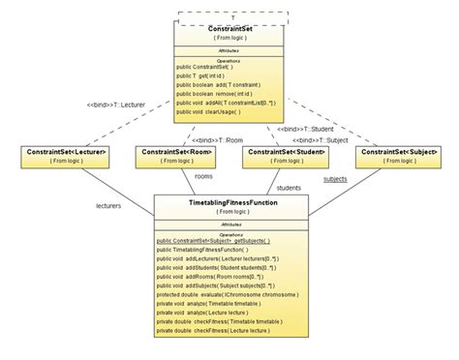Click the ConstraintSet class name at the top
tap(229, 28)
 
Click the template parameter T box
tap(232, 16)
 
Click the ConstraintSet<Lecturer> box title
tap(65, 152)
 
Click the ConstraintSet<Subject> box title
tap(399, 152)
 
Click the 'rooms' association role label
tap(203, 176)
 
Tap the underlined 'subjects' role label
tap(335, 178)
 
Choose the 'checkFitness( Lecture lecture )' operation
tap(215, 330)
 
